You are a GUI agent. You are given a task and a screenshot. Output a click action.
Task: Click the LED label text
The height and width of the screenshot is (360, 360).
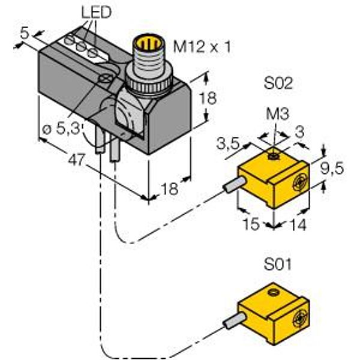pos(97,12)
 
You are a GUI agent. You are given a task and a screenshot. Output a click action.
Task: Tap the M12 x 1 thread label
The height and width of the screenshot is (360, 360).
pos(202,47)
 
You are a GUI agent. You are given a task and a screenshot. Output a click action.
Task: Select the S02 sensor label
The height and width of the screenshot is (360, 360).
pos(278,83)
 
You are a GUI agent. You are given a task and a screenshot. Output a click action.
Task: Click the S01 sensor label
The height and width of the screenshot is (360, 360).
pos(278,264)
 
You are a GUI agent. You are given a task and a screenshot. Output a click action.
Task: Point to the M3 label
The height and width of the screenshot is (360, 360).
pos(278,114)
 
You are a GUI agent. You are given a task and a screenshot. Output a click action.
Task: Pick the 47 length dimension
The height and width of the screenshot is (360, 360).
pos(77,160)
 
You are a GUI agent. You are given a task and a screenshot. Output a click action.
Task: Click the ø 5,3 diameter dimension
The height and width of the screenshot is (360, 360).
pos(62,129)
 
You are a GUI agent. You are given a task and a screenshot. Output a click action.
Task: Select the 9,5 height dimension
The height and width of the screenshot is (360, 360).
pos(332,168)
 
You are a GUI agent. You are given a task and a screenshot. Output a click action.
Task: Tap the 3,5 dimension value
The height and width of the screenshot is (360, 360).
pos(228,144)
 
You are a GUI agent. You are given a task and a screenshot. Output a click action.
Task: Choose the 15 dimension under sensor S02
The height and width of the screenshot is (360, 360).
pos(251,224)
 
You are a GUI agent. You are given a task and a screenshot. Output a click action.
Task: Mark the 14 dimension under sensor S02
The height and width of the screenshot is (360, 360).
pos(298,224)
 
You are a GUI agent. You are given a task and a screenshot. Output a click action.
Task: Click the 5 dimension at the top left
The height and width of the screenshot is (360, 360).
pos(25,33)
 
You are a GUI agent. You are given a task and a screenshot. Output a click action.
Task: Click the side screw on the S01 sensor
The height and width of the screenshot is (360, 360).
pos(301,319)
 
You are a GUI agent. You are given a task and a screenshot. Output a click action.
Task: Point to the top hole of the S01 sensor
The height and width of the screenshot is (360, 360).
pos(274,293)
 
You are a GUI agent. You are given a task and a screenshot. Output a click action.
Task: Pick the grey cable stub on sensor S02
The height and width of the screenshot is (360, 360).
pos(234,184)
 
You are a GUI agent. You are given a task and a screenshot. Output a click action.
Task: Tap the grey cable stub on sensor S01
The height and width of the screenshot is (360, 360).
pos(234,321)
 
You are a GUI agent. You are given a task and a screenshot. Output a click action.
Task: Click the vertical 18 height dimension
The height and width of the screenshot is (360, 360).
pos(208,98)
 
